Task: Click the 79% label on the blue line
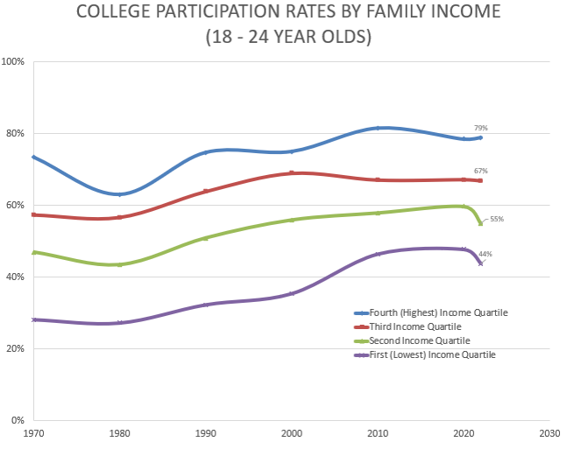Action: [x=480, y=129]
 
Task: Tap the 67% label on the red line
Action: [x=480, y=171]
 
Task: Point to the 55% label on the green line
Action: [x=496, y=219]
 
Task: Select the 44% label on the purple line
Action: [x=485, y=254]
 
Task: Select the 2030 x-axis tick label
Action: [x=549, y=431]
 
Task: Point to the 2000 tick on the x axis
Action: [x=291, y=431]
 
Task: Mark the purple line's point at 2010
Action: [x=378, y=254]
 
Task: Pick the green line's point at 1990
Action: [x=205, y=238]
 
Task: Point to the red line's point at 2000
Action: [x=291, y=173]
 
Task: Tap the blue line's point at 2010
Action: [x=378, y=128]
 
